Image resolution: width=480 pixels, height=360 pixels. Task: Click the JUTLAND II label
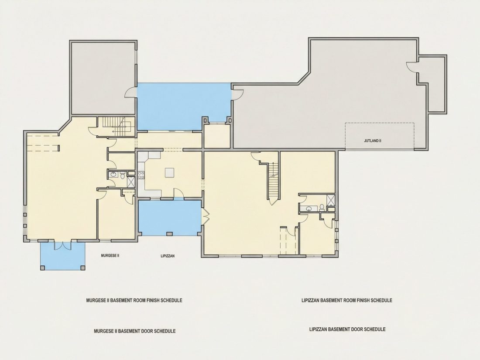point(372,141)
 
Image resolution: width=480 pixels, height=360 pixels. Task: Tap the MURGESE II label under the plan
point(110,255)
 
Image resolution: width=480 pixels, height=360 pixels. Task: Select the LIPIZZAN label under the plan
point(168,256)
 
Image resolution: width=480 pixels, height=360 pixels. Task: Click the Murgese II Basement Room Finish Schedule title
point(134,300)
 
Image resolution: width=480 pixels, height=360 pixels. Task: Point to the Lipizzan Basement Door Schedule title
point(347,329)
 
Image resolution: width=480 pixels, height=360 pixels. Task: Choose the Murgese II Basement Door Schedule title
point(135,331)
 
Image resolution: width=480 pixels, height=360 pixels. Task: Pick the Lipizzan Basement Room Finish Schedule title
point(347,300)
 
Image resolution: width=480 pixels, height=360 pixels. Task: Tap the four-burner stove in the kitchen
point(141,175)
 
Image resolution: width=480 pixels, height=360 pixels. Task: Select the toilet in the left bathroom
point(122,175)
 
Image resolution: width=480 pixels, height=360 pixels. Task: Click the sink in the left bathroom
point(113,175)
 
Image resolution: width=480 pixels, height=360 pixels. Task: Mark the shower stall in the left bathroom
point(131,182)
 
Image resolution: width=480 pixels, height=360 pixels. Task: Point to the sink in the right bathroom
point(309,209)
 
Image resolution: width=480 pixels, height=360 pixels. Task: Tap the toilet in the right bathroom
point(322,207)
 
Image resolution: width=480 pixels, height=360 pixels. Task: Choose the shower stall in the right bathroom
point(331,200)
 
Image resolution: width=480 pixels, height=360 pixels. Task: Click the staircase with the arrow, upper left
point(118,126)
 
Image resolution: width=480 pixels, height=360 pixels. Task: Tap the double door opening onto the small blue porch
point(63,245)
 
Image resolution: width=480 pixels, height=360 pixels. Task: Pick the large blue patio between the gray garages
point(184,106)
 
